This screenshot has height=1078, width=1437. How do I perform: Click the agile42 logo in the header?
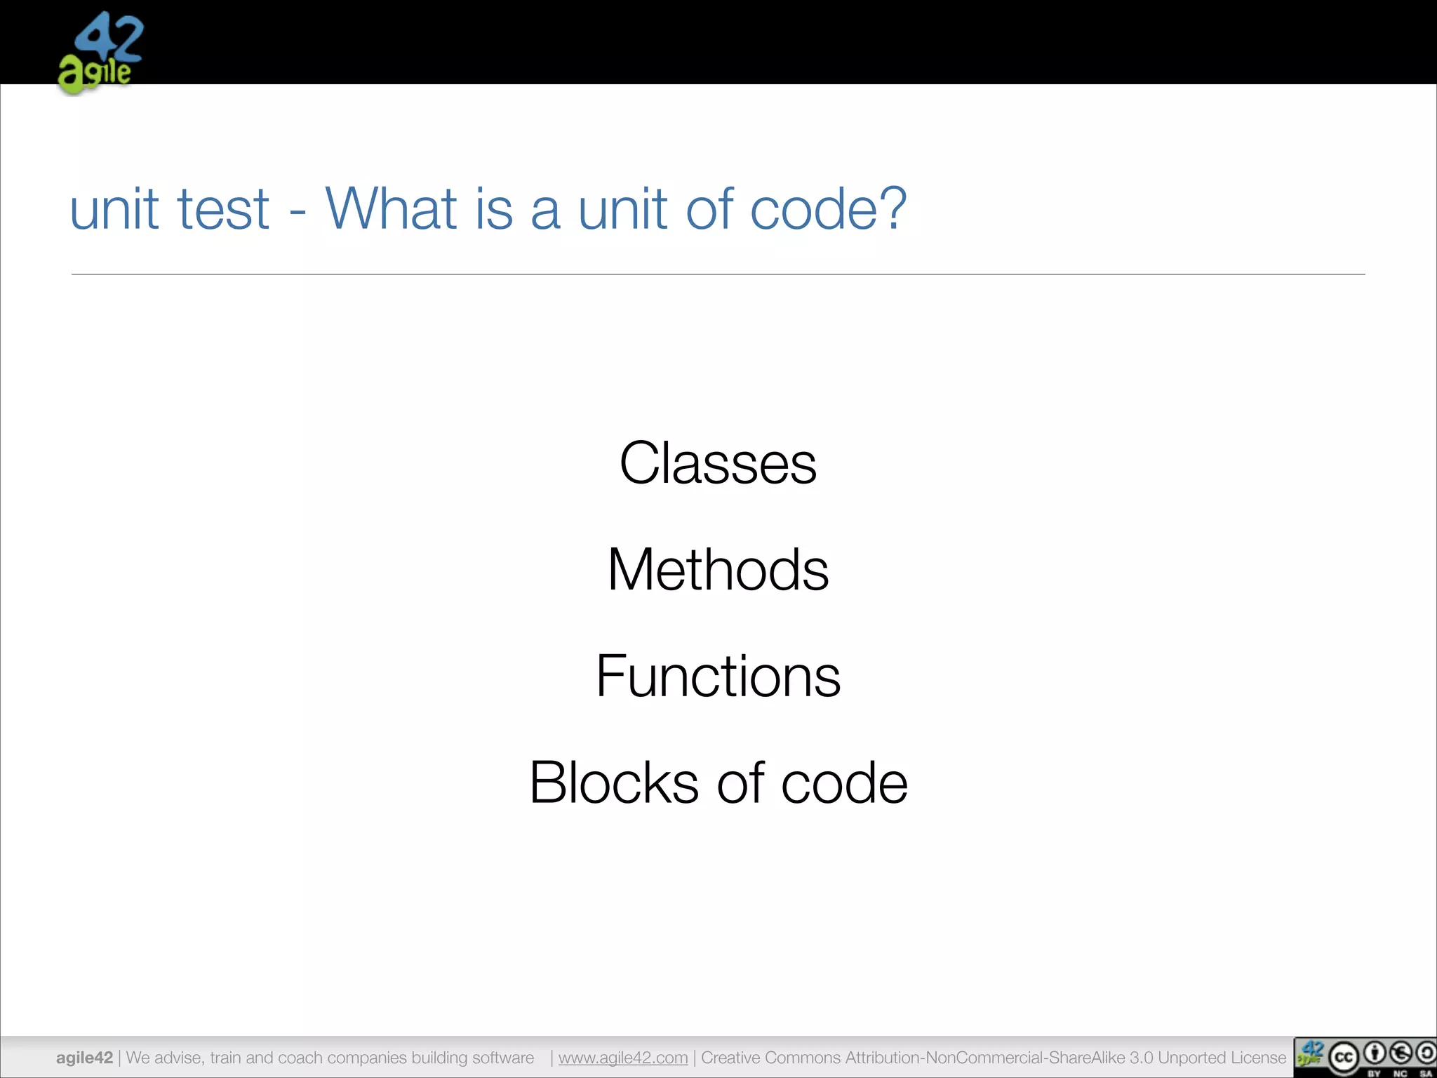[100, 53]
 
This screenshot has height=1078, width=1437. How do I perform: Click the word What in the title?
[391, 208]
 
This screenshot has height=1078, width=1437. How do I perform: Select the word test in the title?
[223, 209]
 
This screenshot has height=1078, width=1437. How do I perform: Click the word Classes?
[718, 463]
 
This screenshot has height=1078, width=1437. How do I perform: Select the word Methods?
[718, 569]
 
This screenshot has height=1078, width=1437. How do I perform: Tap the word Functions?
[718, 676]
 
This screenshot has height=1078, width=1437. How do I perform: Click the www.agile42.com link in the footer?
[623, 1058]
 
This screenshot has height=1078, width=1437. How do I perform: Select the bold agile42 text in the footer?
[84, 1058]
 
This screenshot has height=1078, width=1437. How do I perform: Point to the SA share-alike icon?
[1426, 1053]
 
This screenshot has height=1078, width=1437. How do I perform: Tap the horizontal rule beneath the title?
[718, 274]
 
